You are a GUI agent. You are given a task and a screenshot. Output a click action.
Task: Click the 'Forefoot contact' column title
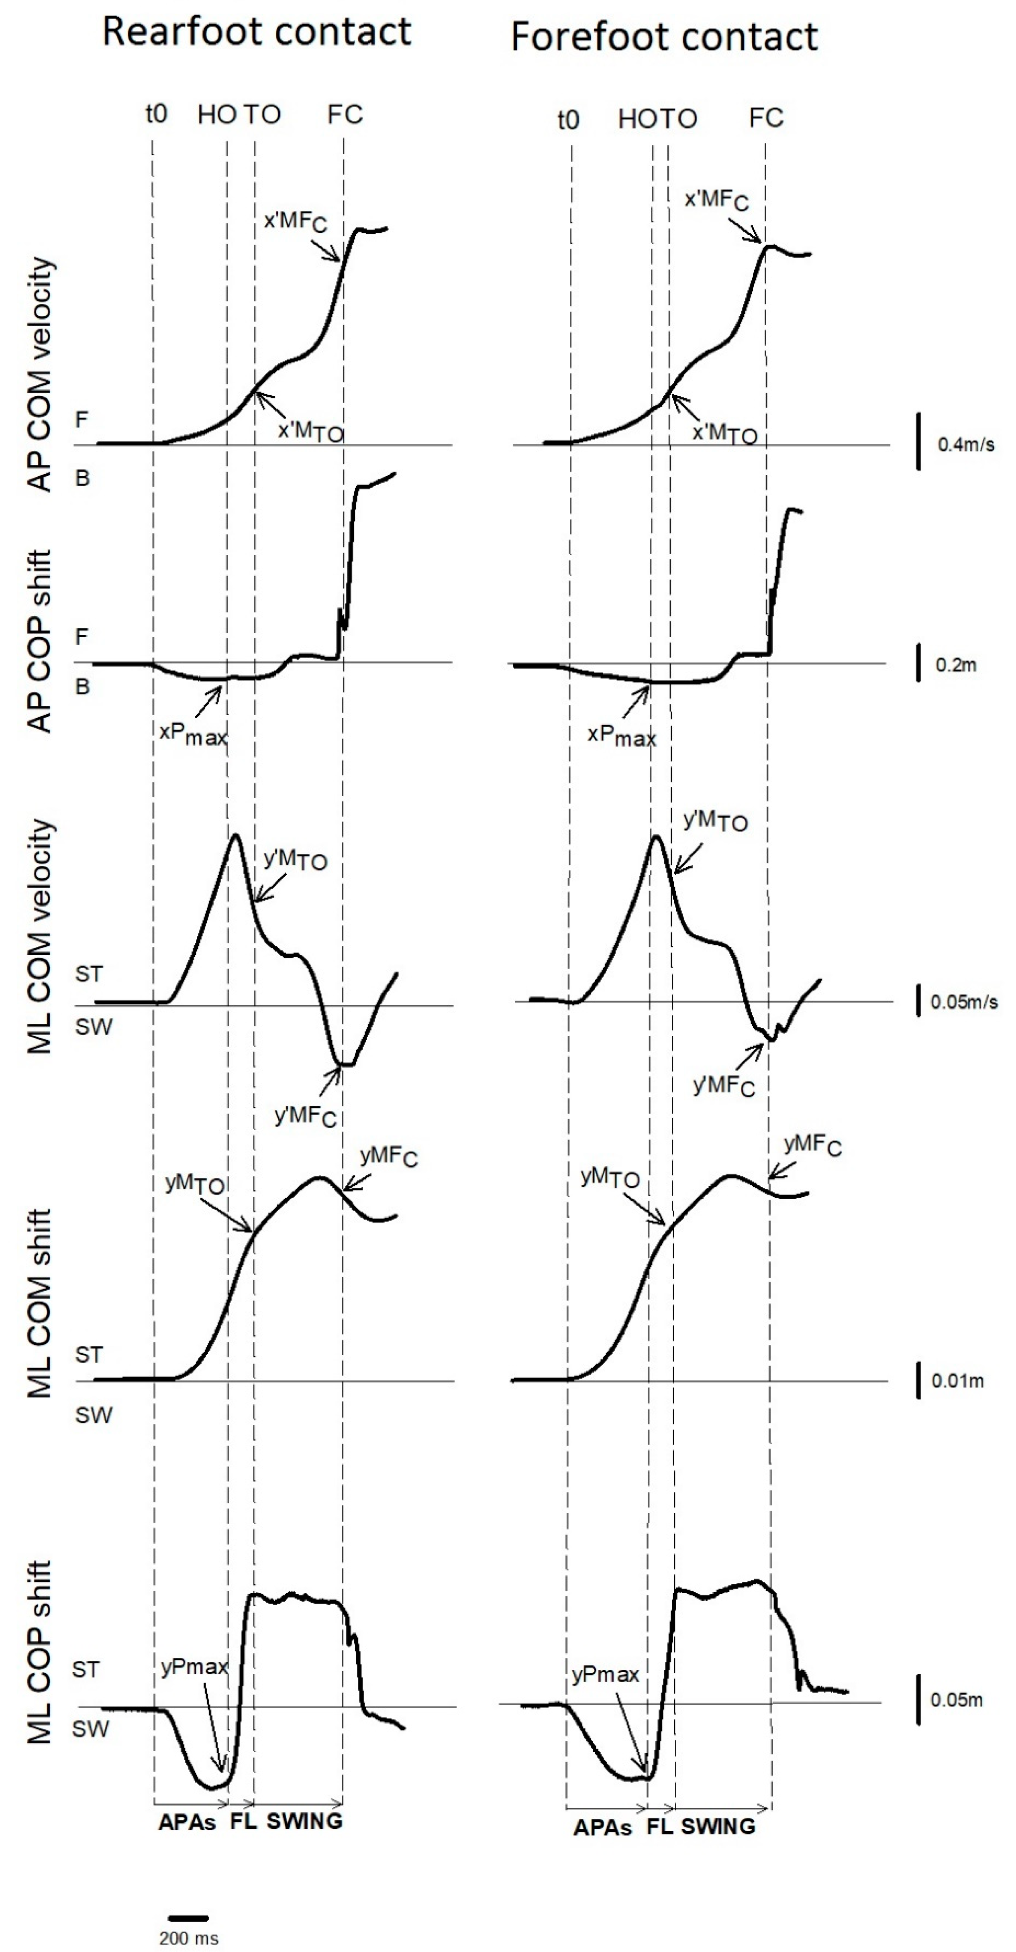pos(664,37)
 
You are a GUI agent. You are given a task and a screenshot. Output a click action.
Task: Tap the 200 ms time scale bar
pos(188,1918)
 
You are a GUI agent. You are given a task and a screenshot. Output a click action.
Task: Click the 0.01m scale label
pos(958,1381)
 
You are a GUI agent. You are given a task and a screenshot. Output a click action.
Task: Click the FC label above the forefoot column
pos(766,118)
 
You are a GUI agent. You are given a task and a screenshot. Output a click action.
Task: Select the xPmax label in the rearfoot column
pos(193,734)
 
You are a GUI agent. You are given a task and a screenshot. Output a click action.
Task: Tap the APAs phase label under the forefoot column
pos(602,1828)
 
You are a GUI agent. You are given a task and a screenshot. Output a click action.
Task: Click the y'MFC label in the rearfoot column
pos(305,1115)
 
